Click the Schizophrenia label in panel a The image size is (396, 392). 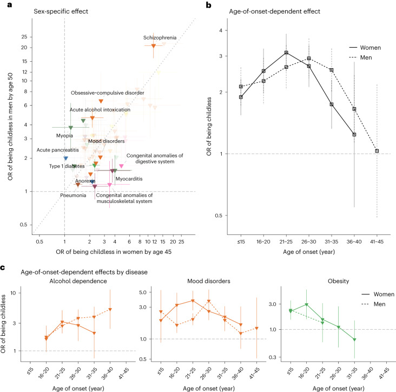[160, 38]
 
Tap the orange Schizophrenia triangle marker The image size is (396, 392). [154, 47]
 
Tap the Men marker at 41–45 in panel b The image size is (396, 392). [377, 151]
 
